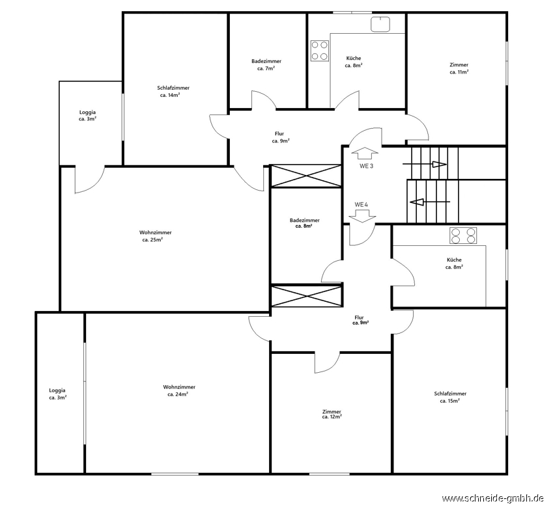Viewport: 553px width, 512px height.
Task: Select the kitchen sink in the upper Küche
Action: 380,24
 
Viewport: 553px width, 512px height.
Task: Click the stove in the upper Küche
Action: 320,51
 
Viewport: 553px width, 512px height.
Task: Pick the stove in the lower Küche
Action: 463,236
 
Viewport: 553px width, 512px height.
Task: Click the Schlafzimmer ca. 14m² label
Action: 173,91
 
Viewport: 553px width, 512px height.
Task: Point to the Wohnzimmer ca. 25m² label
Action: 155,236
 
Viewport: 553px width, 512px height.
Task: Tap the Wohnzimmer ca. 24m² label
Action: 179,390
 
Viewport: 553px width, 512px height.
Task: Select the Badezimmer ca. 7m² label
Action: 266,65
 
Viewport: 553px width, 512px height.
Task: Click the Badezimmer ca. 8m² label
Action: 304,223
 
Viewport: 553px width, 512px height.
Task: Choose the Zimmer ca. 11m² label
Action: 459,68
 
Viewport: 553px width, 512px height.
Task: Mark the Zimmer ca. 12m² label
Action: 332,414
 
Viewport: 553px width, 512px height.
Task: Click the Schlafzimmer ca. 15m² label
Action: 450,397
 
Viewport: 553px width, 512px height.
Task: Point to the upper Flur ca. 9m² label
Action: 280,137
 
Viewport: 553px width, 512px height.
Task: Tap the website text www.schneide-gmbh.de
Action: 492,498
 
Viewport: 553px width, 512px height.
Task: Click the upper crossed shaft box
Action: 305,176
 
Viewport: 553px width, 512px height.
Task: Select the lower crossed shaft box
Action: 306,297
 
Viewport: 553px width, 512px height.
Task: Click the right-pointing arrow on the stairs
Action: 425,164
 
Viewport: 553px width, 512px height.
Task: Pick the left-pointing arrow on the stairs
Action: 430,202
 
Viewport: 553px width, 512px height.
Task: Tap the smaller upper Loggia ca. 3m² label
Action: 87,116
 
